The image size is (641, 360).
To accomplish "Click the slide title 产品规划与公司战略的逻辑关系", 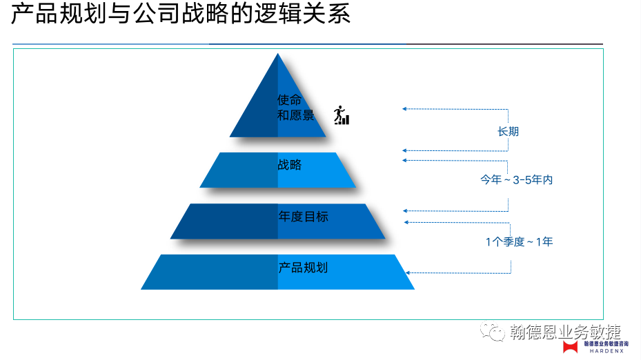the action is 181,15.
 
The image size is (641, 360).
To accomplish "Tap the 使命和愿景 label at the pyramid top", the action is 295,108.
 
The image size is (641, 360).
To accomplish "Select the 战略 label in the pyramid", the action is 290,166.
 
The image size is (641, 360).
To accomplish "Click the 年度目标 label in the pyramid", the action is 303,217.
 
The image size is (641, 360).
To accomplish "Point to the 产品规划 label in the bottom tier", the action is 302,268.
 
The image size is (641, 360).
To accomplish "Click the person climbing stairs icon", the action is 341,116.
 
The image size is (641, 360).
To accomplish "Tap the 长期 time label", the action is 508,131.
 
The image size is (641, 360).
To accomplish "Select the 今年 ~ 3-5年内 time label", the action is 517,180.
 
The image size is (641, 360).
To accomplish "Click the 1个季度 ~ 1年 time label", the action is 519,241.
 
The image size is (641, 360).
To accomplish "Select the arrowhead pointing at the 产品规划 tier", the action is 408,273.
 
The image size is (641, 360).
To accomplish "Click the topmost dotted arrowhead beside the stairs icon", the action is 404,109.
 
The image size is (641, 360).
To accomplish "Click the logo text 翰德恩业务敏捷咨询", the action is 606,343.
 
